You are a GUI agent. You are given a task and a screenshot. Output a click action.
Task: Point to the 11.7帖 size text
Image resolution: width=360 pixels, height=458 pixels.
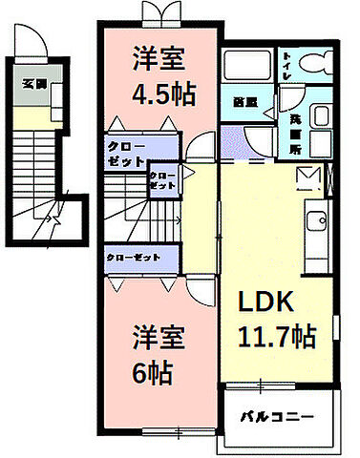276,336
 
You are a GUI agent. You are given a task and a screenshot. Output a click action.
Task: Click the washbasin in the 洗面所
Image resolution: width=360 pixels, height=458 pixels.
320,118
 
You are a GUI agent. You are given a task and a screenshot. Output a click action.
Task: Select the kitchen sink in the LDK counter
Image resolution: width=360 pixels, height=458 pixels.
317,222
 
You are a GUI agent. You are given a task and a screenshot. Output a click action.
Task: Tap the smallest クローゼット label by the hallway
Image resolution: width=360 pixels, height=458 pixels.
161,181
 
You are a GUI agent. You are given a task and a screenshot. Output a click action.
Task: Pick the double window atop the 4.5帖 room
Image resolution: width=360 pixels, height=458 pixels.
157,13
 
